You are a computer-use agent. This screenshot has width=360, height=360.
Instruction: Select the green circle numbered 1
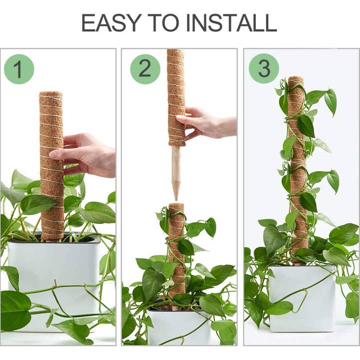pyautogui.click(x=19, y=69)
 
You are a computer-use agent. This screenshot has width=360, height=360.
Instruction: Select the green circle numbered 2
pyautogui.click(x=145, y=69)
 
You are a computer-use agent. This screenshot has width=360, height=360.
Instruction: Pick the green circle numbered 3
pyautogui.click(x=263, y=68)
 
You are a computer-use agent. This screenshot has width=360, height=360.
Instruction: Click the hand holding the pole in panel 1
pyautogui.click(x=90, y=155)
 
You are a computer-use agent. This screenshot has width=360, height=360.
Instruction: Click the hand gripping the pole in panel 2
pyautogui.click(x=207, y=122)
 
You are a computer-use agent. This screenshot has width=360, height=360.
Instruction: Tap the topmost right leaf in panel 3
pyautogui.click(x=330, y=100)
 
